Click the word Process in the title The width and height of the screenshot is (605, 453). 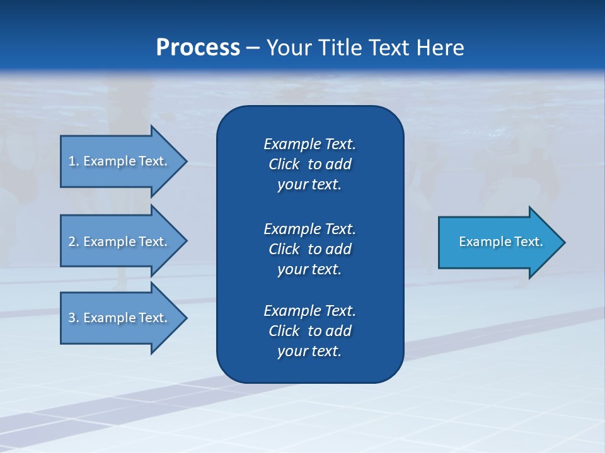tap(198, 48)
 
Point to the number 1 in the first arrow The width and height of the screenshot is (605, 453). tap(71, 161)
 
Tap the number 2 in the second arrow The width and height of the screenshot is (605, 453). tap(71, 242)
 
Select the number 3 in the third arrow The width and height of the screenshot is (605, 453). tap(71, 318)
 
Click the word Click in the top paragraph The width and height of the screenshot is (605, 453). tap(284, 164)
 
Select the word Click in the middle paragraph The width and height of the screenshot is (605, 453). tap(284, 249)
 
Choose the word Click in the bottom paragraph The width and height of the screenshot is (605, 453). tap(284, 331)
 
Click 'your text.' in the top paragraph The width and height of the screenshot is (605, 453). tap(309, 185)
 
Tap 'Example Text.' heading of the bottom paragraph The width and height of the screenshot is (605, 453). tap(309, 311)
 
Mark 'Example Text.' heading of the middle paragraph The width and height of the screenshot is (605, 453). tap(309, 228)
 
